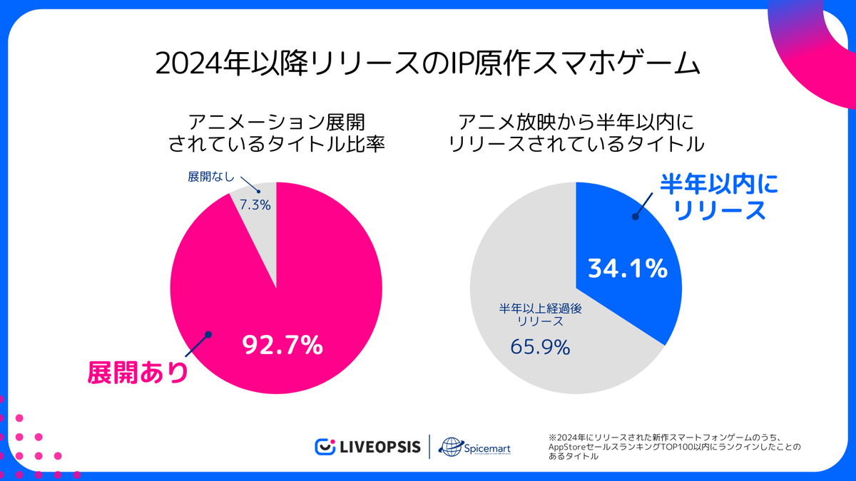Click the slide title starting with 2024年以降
pyautogui.click(x=428, y=64)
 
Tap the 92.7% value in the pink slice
pyautogui.click(x=282, y=346)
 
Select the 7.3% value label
pyautogui.click(x=255, y=205)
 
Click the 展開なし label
pyautogui.click(x=210, y=177)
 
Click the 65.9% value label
pyautogui.click(x=540, y=347)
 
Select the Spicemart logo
pyautogui.click(x=474, y=448)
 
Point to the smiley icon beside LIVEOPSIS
pyautogui.click(x=325, y=447)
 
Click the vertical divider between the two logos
pyautogui.click(x=429, y=447)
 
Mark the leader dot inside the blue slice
pyautogui.click(x=633, y=216)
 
